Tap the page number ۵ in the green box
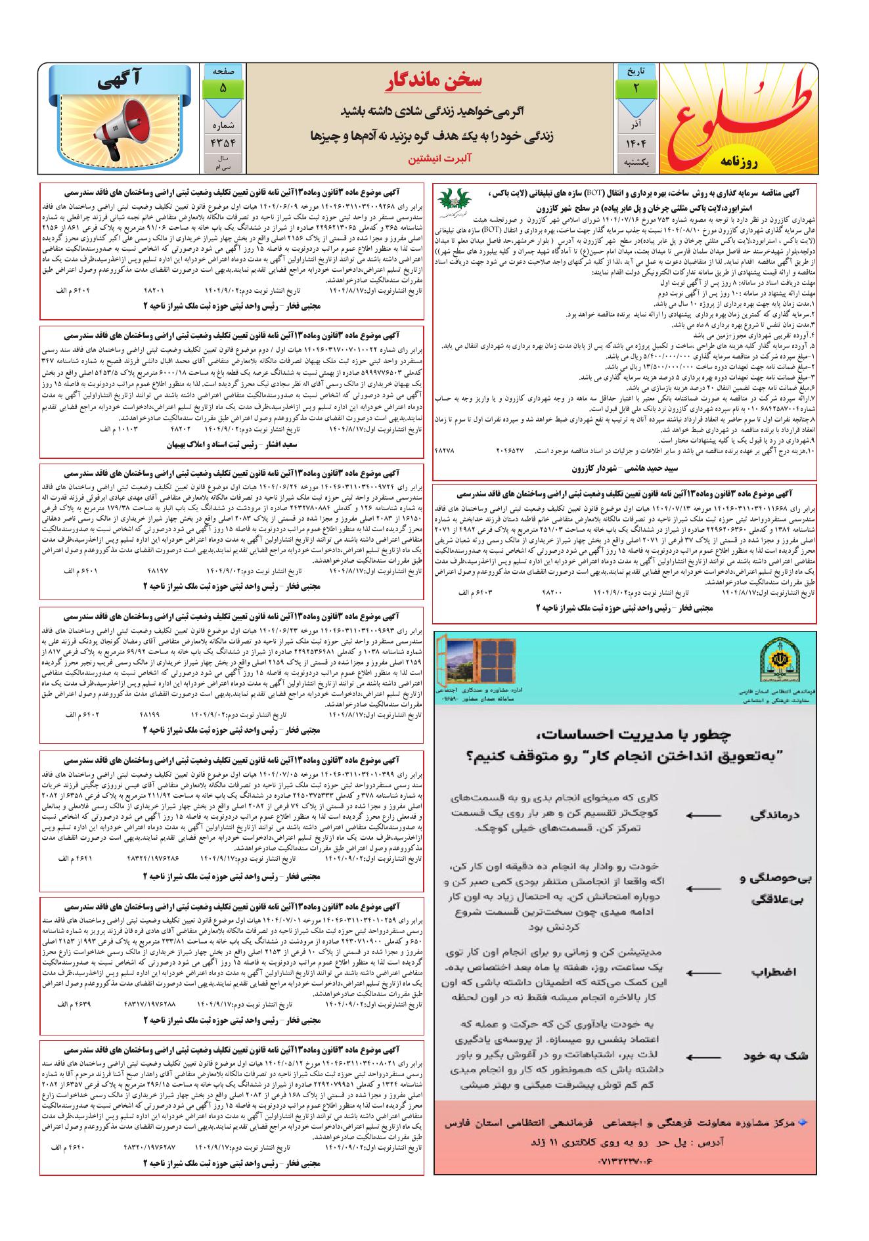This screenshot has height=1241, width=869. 223,88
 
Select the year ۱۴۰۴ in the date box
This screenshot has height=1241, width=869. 634,141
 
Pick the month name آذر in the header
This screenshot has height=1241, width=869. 635,123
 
